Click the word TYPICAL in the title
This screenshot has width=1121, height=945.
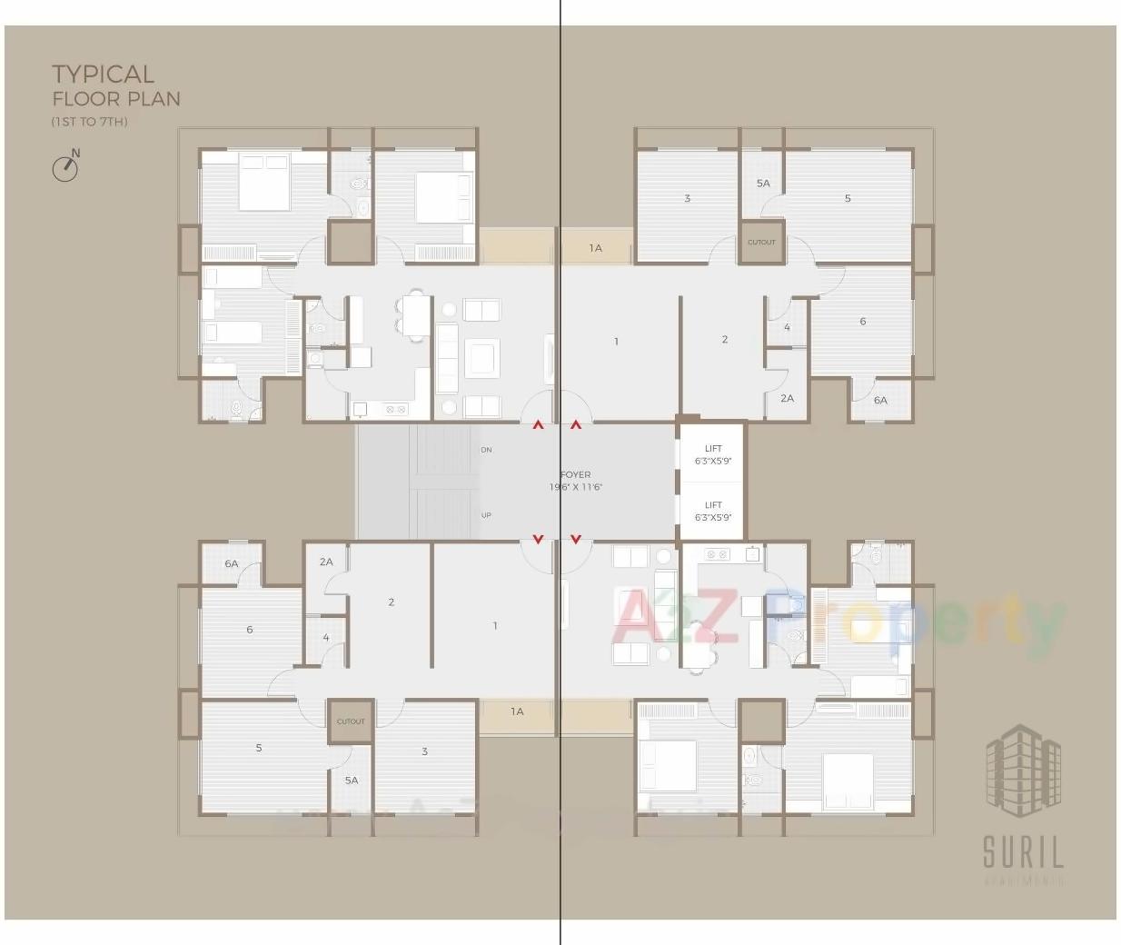coord(103,74)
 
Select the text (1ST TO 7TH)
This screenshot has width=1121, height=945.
coord(89,122)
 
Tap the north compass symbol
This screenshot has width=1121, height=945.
coord(65,167)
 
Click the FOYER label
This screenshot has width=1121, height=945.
coord(575,474)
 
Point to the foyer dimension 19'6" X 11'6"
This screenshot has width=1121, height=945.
coord(575,487)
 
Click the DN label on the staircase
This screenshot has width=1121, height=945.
coord(486,450)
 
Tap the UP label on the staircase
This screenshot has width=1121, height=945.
coord(486,515)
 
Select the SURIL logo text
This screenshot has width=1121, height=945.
coord(1023,853)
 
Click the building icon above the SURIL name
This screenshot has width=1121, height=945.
coord(1023,768)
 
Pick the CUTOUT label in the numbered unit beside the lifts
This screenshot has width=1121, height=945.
coord(761,242)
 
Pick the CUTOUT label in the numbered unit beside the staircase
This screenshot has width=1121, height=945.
coord(351,721)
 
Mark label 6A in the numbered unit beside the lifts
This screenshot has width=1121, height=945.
coord(880,400)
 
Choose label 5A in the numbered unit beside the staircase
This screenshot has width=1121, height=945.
coord(352,780)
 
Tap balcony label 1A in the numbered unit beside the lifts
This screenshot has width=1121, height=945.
coord(595,248)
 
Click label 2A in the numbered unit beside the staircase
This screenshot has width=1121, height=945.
coord(326,562)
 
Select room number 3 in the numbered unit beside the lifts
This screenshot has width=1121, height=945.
coord(687,198)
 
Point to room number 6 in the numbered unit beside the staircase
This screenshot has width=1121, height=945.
coord(250,629)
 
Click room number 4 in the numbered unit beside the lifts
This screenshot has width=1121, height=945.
coord(787,327)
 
